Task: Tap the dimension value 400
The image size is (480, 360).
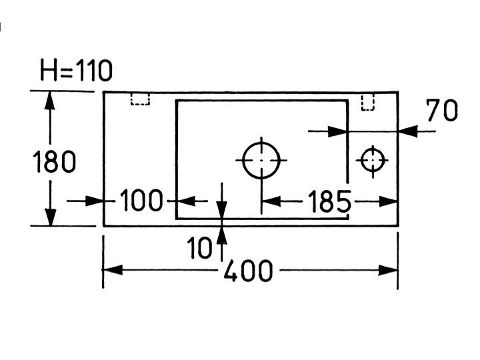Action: (248, 271)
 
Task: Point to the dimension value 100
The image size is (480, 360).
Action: (141, 200)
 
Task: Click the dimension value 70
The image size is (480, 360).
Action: (442, 111)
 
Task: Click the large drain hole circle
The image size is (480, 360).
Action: (261, 160)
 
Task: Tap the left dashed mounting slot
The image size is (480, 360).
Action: (140, 99)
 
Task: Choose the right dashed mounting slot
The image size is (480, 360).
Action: (367, 101)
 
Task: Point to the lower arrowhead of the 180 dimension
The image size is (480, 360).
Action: (49, 217)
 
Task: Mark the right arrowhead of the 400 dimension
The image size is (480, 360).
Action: (389, 270)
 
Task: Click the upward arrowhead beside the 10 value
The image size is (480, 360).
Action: (221, 234)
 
